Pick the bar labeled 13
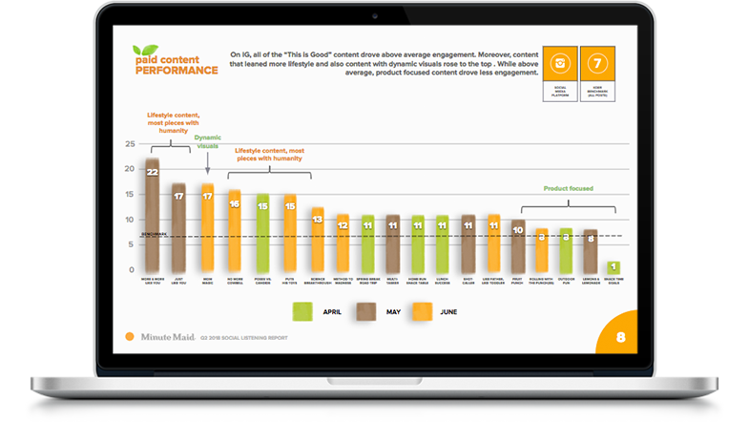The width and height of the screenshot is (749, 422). click(318, 240)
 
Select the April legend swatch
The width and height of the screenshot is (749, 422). click(302, 310)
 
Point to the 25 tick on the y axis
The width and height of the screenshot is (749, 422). click(130, 144)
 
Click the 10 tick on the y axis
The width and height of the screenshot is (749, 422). click(130, 220)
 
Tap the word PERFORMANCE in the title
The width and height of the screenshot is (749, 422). click(176, 71)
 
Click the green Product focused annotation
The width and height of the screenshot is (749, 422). click(569, 189)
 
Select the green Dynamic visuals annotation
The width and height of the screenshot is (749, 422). click(207, 141)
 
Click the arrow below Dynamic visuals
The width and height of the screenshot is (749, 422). click(207, 164)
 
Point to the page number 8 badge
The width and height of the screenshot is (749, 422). click(621, 336)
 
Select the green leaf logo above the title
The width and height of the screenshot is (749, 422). click(145, 51)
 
